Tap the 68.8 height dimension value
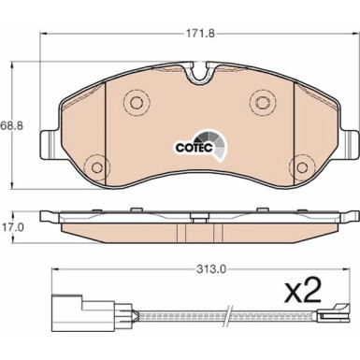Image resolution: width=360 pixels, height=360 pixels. (12, 125)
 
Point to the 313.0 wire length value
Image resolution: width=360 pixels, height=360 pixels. (211, 268)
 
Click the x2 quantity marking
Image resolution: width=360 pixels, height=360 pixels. (303, 290)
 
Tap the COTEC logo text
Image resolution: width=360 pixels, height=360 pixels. (194, 148)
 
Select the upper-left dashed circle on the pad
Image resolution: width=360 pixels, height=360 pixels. (137, 102)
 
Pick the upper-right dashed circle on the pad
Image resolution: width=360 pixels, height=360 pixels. (264, 102)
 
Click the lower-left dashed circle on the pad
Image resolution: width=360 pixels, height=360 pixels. (97, 167)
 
